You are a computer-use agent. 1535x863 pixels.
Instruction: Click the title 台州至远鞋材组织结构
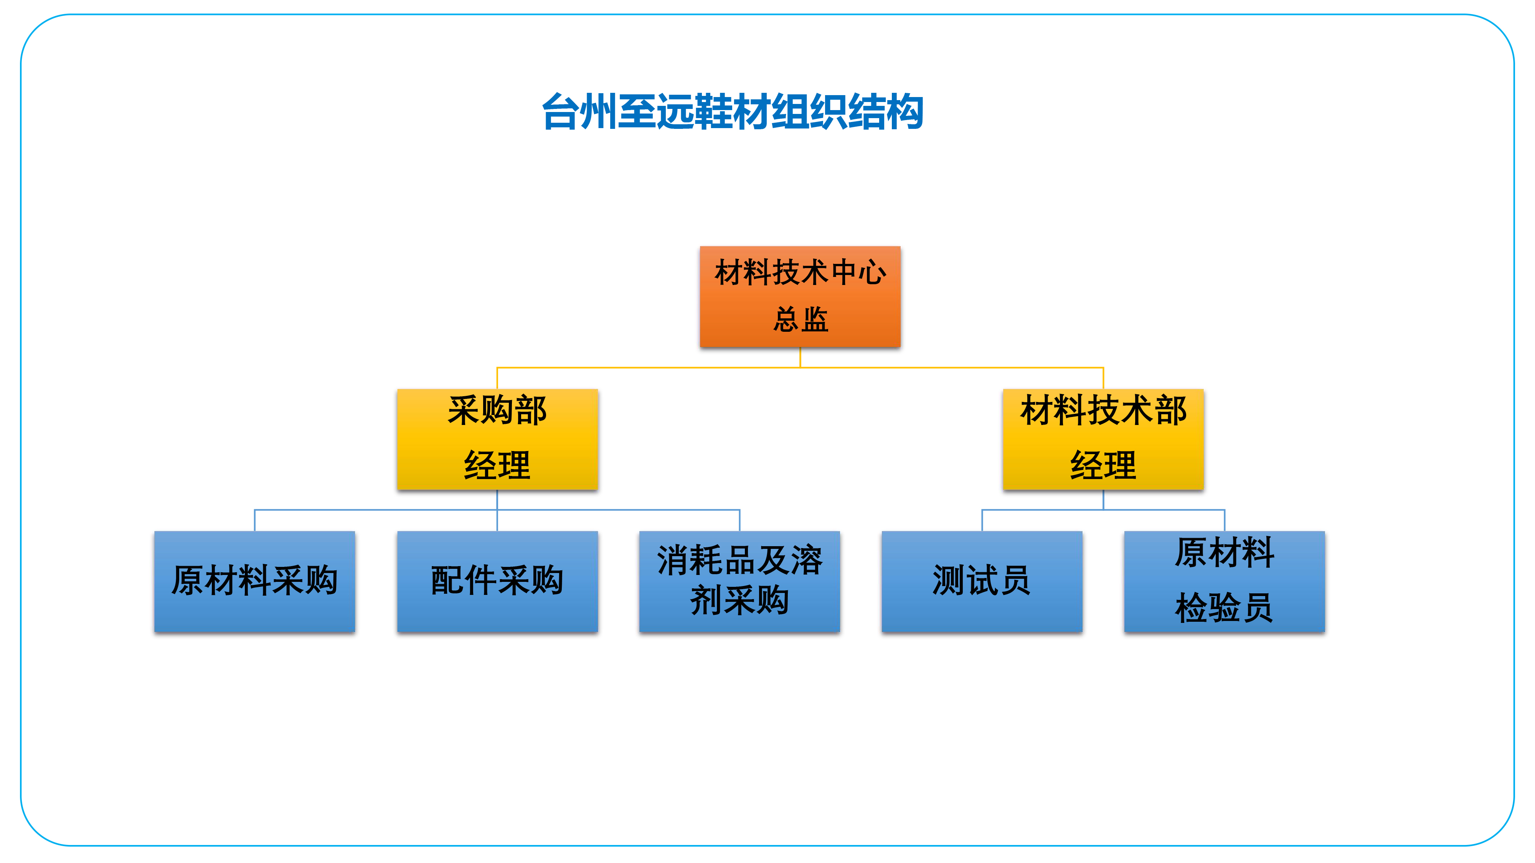pyautogui.click(x=732, y=111)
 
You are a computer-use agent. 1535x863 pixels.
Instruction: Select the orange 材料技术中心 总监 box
pyautogui.click(x=800, y=296)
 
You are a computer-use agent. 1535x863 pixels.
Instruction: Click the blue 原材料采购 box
pyautogui.click(x=254, y=581)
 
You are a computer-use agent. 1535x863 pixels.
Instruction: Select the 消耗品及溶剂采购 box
pyautogui.click(x=739, y=581)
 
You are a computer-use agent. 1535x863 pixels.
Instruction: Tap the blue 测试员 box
pyautogui.click(x=981, y=581)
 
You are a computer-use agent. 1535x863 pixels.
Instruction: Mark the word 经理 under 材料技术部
pyautogui.click(x=1103, y=465)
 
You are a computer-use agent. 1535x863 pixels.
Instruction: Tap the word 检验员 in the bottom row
pyautogui.click(x=1224, y=608)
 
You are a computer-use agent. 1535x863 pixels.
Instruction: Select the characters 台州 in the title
pyautogui.click(x=579, y=111)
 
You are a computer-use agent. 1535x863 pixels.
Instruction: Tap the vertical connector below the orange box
pyautogui.click(x=800, y=357)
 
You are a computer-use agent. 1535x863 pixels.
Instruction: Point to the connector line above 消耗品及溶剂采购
pyautogui.click(x=739, y=520)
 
